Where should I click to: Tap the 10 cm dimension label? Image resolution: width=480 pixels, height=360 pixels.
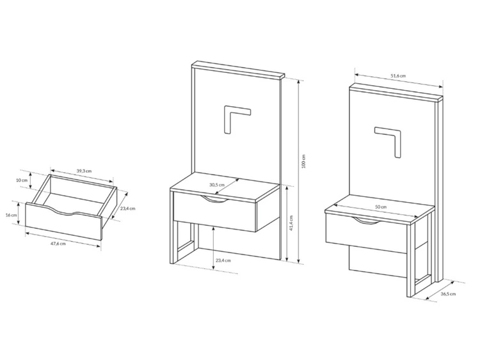pos(22,180)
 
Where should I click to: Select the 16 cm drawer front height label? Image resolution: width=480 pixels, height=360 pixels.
pos(12,215)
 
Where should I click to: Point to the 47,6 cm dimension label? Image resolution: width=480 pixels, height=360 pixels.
pos(58,244)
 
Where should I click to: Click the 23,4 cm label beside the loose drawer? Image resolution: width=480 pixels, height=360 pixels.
pos(127,208)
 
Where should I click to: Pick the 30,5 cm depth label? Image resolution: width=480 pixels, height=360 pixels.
pos(217,185)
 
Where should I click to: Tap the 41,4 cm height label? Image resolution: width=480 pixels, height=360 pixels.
pos(291,223)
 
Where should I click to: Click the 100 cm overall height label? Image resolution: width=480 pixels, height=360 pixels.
pos(303,161)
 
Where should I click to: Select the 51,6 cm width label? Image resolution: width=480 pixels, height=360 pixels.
pos(398,75)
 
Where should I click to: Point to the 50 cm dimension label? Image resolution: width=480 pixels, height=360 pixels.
pos(381,207)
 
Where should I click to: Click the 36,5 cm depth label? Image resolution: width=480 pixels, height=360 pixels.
pos(448,294)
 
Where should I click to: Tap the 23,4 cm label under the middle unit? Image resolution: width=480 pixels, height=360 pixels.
pos(223,260)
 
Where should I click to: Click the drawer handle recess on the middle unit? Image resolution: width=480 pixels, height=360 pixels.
pos(214,199)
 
